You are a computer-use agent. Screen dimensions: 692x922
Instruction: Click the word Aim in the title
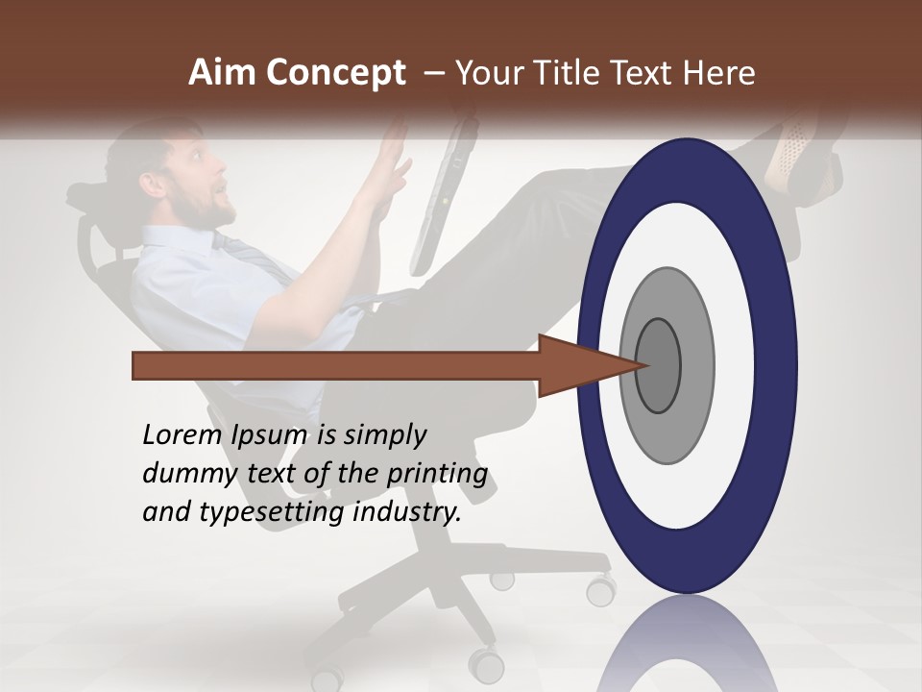pyautogui.click(x=222, y=73)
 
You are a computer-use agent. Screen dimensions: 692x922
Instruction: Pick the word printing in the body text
pyautogui.click(x=437, y=474)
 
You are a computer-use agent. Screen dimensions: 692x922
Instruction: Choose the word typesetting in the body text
pyautogui.click(x=273, y=512)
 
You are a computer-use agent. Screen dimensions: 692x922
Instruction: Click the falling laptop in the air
pyautogui.click(x=444, y=192)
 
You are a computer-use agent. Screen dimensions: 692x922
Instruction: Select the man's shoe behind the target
pyautogui.click(x=792, y=159)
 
